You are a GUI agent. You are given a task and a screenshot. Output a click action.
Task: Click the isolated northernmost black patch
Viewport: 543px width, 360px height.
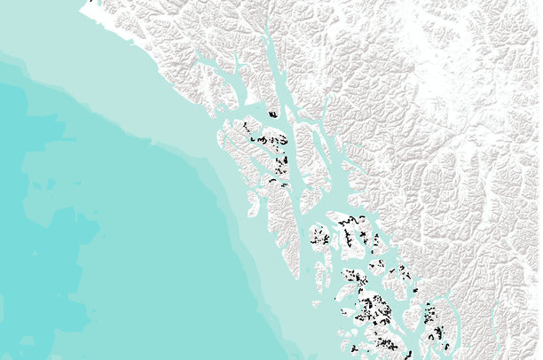pyautogui.click(x=273, y=113)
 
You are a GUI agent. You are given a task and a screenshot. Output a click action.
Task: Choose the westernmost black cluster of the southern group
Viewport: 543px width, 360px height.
pyautogui.click(x=320, y=239)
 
